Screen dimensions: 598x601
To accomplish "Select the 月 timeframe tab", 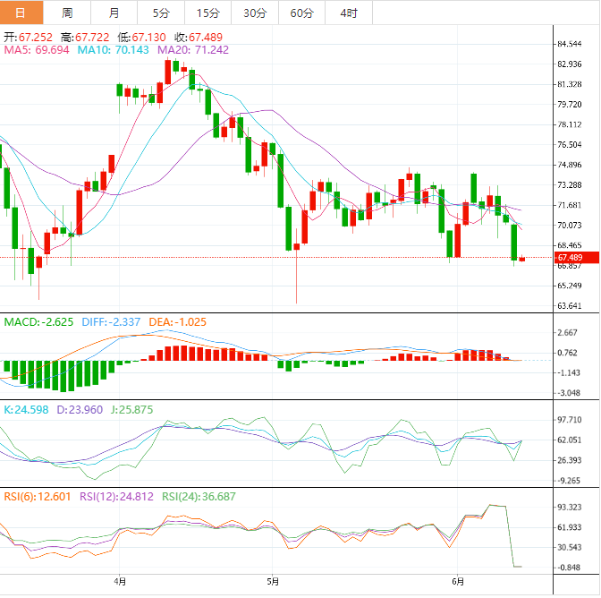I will pyautogui.click(x=114, y=13).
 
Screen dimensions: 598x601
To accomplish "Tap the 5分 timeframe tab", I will pyautogui.click(x=161, y=13).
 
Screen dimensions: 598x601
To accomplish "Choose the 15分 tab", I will pyautogui.click(x=207, y=13).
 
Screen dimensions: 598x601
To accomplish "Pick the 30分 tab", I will pyautogui.click(x=255, y=13).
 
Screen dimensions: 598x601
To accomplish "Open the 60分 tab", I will pyautogui.click(x=302, y=13).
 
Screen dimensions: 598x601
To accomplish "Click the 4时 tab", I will pyautogui.click(x=349, y=13).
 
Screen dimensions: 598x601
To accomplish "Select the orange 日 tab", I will pyautogui.click(x=21, y=13).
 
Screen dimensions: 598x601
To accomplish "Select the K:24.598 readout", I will pyautogui.click(x=29, y=409).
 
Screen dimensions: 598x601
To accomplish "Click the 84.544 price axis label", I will pyautogui.click(x=576, y=44).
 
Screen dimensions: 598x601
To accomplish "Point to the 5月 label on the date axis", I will pyautogui.click(x=272, y=581).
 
